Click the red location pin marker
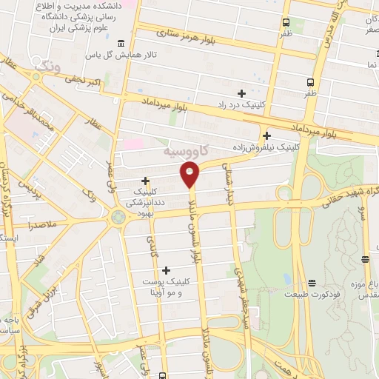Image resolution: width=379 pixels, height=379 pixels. (x=190, y=173)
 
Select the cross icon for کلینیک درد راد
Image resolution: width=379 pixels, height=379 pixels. (x=241, y=93)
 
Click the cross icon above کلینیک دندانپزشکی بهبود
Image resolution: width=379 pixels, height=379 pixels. (x=145, y=181)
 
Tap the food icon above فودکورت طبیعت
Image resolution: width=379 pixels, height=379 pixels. (x=312, y=283)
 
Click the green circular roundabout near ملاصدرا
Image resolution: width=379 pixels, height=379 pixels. (x=117, y=218)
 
